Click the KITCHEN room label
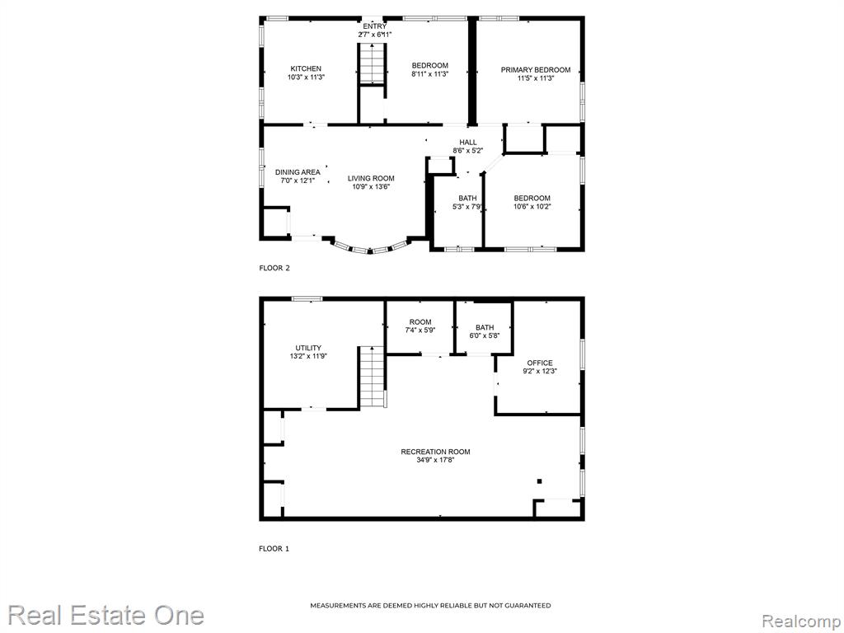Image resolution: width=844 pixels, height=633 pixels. pyautogui.click(x=306, y=68)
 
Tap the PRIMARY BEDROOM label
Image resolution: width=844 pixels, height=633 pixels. pyautogui.click(x=536, y=69)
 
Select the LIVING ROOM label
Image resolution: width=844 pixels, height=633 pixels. pyautogui.click(x=371, y=178)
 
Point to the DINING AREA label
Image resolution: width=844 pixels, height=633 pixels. pyautogui.click(x=298, y=172)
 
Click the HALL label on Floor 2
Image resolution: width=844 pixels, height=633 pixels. pyautogui.click(x=468, y=142)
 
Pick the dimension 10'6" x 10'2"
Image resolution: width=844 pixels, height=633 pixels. pyautogui.click(x=532, y=206)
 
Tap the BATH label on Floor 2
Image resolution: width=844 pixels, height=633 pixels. pyautogui.click(x=467, y=198)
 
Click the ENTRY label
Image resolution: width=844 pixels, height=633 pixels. pyautogui.click(x=375, y=26)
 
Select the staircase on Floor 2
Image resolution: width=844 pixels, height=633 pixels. pyautogui.click(x=372, y=63)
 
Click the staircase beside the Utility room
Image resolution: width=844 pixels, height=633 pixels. pyautogui.click(x=373, y=377)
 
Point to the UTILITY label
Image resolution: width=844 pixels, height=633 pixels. pyautogui.click(x=308, y=348)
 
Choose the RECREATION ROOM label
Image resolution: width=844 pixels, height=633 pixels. pyautogui.click(x=435, y=452)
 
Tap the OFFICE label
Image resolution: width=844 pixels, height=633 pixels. pyautogui.click(x=540, y=363)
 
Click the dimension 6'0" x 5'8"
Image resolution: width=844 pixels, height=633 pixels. pyautogui.click(x=485, y=335)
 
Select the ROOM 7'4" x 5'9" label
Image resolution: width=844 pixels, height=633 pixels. pyautogui.click(x=420, y=326)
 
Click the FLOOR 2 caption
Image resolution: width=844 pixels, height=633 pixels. pyautogui.click(x=274, y=268)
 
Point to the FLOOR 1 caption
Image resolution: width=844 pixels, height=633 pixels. pyautogui.click(x=274, y=548)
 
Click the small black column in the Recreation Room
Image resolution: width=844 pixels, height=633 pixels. pyautogui.click(x=539, y=481)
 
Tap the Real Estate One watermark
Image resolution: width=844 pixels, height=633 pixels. pyautogui.click(x=106, y=615)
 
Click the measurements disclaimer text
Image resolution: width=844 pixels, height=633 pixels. pyautogui.click(x=430, y=606)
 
